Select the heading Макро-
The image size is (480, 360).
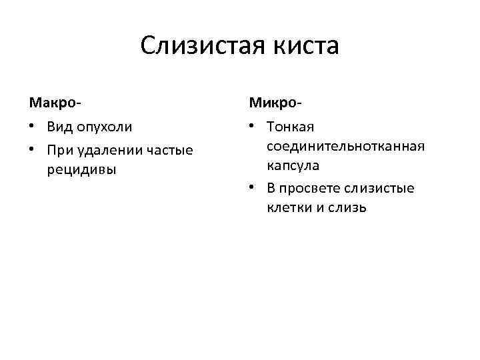pos(55,103)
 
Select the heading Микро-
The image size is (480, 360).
pos(275,103)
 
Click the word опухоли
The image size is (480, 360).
pos(105,127)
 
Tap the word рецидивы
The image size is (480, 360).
pos(81,169)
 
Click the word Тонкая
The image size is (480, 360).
pos(291,127)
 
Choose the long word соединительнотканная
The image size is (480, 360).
pos(345,145)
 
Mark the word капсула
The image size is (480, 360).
pos(293,165)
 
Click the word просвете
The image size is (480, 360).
pos(311,189)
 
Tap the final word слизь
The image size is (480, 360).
pos(345,207)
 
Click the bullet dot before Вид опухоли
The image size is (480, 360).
pos(33,127)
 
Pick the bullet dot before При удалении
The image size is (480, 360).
pos(33,150)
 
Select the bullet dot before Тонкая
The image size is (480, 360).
pos(253,127)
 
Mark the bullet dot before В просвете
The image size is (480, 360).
pos(253,189)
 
